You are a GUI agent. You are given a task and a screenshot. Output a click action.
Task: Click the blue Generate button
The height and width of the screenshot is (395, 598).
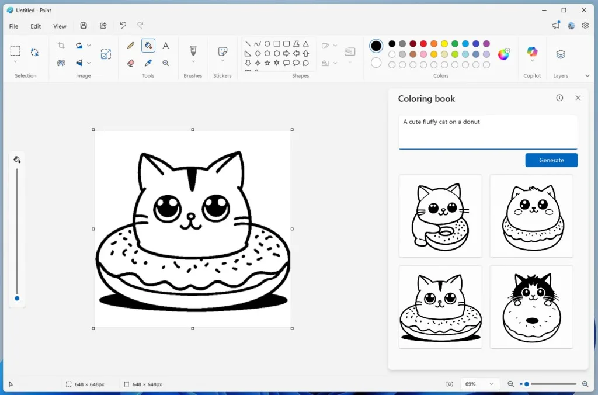551,160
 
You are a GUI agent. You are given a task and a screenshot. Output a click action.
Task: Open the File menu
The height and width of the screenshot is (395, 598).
13,26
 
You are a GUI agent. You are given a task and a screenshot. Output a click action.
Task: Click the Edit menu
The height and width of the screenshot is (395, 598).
36,26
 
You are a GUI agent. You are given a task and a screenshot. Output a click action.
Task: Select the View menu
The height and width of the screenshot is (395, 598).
60,26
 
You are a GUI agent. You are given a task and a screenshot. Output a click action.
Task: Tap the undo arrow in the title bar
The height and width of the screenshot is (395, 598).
123,26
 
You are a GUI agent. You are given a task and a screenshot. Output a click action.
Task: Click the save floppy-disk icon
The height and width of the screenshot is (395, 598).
84,26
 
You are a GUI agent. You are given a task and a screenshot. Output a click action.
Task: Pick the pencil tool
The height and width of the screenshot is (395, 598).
131,46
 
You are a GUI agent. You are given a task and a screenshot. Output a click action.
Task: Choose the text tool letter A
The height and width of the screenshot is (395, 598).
166,46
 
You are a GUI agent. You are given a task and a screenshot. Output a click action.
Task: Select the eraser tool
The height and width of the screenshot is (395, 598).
131,63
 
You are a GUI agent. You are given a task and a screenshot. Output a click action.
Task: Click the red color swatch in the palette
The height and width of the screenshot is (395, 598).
423,44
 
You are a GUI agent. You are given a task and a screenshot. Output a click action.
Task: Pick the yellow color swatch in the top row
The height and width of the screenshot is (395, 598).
444,44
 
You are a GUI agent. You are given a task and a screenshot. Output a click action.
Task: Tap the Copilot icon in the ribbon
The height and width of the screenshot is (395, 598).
532,53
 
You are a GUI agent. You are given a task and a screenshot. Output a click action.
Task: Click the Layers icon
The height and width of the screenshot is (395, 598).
561,54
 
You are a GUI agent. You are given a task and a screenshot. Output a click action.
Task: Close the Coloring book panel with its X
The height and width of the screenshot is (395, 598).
578,98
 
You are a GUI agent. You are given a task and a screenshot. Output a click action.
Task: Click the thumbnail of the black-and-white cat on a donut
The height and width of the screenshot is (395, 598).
531,307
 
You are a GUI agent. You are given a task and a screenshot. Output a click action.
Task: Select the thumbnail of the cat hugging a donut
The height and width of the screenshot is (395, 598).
440,216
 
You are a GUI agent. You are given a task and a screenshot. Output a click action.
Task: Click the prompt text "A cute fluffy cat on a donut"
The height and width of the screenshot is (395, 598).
441,122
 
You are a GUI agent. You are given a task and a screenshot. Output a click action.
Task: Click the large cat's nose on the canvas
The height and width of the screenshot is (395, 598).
191,216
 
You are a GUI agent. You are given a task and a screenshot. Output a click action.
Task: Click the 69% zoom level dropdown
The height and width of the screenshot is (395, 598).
478,384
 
